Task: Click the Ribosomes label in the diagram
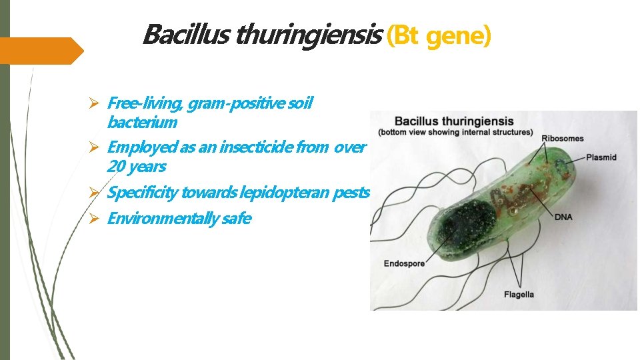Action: [x=562, y=139]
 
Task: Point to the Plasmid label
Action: [x=601, y=158]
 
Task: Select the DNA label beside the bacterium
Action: [x=563, y=217]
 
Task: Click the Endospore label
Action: [x=404, y=264]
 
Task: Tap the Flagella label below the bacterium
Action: [x=519, y=294]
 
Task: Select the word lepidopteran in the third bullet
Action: [x=255, y=193]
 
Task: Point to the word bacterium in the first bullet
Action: [x=141, y=123]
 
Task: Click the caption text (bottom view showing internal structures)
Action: [x=455, y=132]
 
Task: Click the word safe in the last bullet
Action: [x=235, y=219]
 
